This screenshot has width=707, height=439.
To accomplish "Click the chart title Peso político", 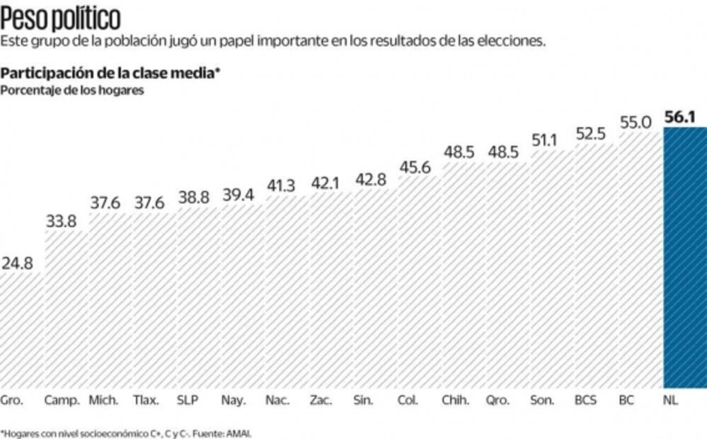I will coord(60,16).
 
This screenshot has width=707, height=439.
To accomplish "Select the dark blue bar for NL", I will coord(684,258).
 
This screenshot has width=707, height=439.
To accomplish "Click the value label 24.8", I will coord(17,264).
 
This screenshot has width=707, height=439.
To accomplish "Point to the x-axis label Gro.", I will coord(12,400).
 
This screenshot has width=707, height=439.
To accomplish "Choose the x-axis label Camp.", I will coord(62,400).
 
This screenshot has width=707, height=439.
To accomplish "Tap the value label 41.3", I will coord(281,186).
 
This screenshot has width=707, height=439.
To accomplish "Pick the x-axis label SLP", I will coord(188,400).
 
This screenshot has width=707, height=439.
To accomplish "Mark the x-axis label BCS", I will coord(585,400).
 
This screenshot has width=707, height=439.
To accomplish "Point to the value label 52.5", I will coord(590,134).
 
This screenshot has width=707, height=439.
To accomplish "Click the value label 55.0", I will coord(635,122).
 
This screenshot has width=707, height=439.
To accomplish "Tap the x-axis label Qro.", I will coord(498,400).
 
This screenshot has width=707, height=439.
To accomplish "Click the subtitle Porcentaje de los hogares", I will coord(72,90).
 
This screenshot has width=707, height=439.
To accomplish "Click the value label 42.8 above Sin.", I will coord(370,180).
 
